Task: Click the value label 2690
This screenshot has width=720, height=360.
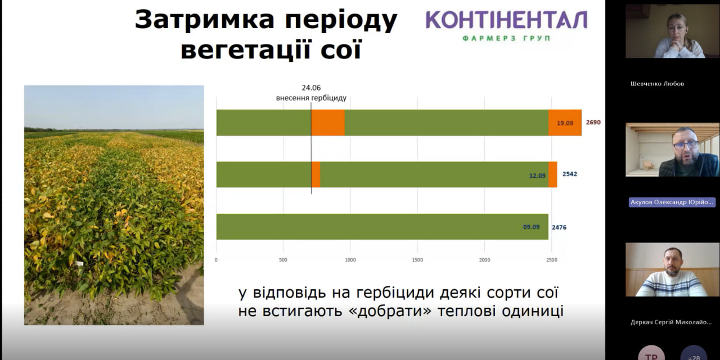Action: [593, 123]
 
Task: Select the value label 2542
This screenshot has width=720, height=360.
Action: [570, 174]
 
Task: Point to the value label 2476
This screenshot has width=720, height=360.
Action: [559, 227]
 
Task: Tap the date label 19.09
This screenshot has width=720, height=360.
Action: [565, 123]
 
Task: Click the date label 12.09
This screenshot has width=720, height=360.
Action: [537, 175]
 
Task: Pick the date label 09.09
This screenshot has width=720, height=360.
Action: [532, 227]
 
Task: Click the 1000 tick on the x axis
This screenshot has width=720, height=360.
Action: [350, 260]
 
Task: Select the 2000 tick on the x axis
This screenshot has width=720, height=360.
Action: [485, 260]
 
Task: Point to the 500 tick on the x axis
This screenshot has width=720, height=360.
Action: [283, 260]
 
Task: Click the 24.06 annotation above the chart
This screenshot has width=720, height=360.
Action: [311, 88]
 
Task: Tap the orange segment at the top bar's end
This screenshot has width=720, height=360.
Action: [565, 123]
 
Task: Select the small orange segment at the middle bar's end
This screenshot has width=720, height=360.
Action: [553, 174]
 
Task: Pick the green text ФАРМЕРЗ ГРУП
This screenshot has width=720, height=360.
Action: [506, 38]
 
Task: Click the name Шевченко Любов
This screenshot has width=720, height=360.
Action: [658, 84]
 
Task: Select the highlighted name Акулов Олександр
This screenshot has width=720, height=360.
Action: [672, 202]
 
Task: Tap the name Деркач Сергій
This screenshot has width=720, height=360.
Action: [671, 322]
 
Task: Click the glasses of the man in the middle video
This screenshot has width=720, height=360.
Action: [686, 145]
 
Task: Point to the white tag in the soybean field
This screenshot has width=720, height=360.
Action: [79, 264]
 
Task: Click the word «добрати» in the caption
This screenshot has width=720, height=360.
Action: [390, 311]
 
